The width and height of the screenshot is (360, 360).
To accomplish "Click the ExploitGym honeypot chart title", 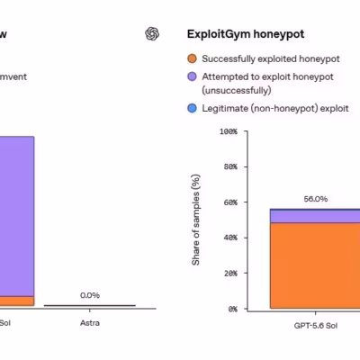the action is click(246, 34).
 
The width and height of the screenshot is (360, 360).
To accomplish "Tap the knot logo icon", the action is click(152, 33).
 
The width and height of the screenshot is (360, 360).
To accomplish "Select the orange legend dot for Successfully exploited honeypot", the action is click(192, 58).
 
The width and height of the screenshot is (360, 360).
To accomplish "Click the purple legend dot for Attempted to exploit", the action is click(192, 76).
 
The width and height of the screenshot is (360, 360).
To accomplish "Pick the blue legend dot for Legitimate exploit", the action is click(192, 108).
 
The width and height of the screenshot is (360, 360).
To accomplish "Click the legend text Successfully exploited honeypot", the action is click(271, 58).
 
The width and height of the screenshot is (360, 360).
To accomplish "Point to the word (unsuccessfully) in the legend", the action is click(237, 90).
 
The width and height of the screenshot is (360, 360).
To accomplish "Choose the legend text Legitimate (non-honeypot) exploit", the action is click(275, 108).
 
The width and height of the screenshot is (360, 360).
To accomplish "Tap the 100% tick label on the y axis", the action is click(229, 131).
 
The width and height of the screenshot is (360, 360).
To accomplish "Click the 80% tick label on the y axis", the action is click(230, 166).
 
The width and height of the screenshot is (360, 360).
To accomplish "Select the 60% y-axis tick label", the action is click(230, 202).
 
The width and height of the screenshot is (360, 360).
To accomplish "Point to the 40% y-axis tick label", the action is click(230, 238).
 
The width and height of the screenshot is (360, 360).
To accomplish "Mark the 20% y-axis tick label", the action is click(230, 274).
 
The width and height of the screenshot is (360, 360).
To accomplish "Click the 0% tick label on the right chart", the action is click(232, 309).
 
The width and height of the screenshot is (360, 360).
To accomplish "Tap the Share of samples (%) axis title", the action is click(195, 220).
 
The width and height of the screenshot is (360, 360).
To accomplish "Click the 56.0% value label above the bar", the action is click(316, 199).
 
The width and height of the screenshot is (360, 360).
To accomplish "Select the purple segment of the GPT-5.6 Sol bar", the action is click(315, 216).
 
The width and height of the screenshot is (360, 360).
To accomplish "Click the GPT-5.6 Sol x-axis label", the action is click(316, 326).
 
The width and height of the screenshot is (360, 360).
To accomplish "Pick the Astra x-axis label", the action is click(90, 323).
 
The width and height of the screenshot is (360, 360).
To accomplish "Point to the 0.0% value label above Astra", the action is click(90, 295).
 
